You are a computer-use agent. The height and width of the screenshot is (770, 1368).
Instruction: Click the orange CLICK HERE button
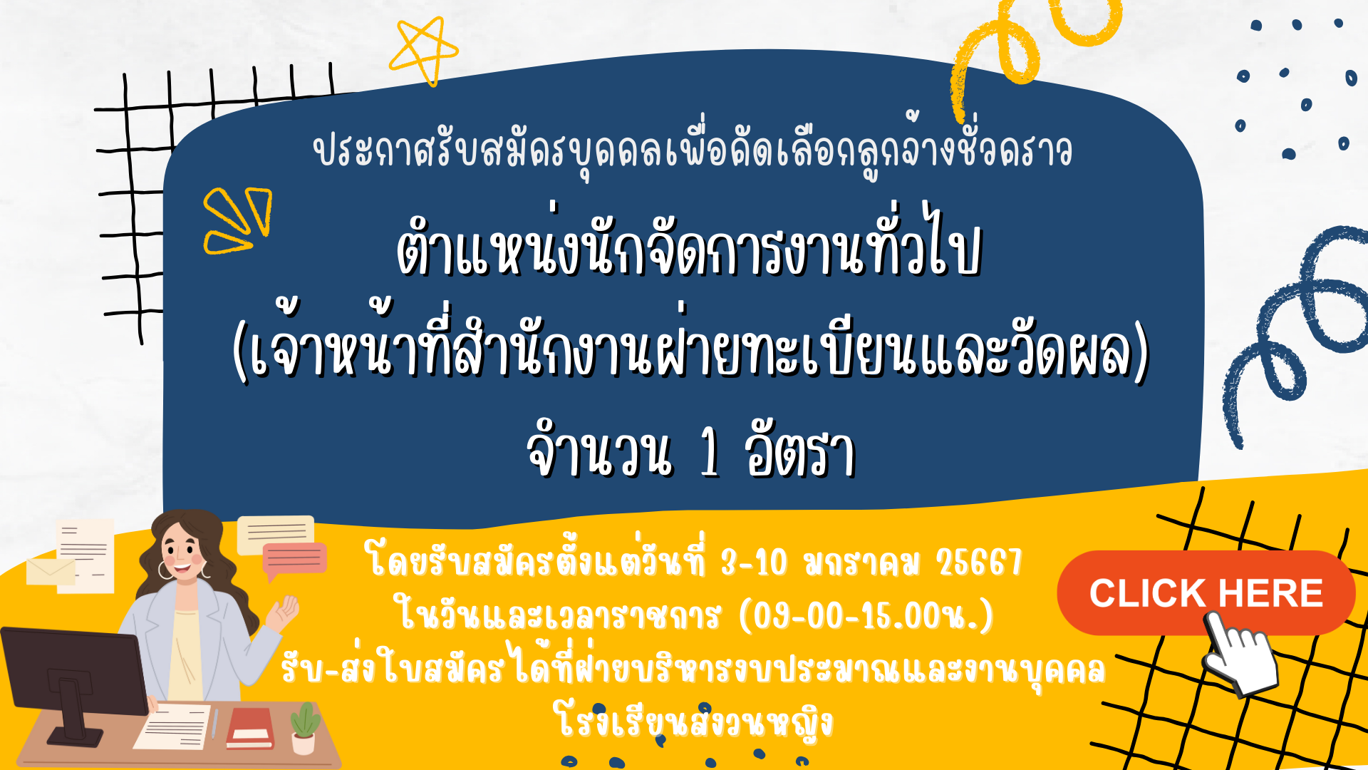coord(1206,592)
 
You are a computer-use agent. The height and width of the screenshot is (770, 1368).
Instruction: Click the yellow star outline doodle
coord(423,50)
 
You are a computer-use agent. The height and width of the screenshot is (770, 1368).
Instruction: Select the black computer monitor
coord(75,681)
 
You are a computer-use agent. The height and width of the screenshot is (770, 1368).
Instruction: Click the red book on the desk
coord(250,728)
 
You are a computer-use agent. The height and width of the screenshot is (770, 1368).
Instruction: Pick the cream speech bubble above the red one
coord(276,533)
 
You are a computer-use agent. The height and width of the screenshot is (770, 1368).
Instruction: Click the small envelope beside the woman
coord(51,572)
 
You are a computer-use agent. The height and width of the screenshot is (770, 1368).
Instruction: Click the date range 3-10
coord(754,563)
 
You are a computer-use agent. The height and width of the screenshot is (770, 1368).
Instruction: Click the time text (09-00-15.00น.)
coord(866,615)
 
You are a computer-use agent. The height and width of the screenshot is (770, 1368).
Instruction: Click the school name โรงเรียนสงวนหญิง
coord(695,722)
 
